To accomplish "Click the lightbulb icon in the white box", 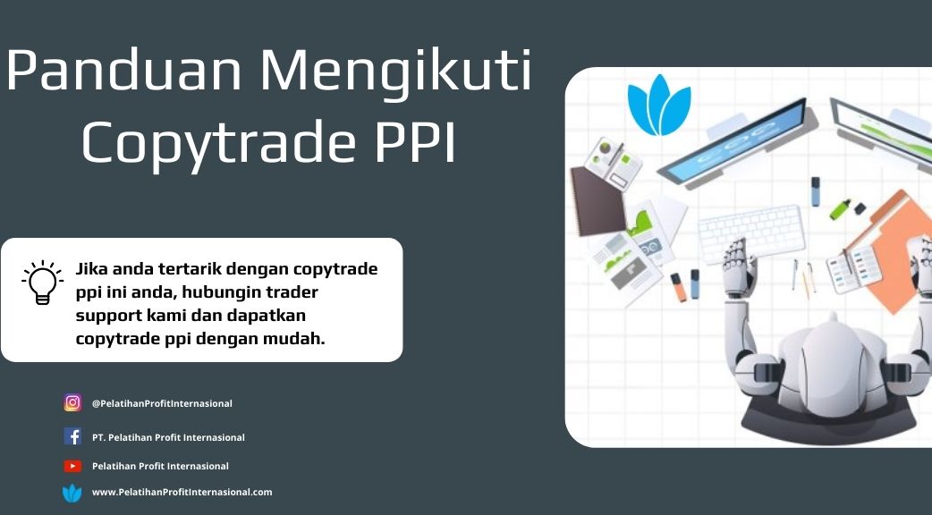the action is point(42,283).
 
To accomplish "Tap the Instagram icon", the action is point(72,402).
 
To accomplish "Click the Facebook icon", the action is point(72,436).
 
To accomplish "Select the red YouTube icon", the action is point(72,467).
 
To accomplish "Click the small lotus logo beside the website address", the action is point(72,493).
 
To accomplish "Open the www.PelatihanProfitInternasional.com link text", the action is point(182,492).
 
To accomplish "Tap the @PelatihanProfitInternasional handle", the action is point(162,403).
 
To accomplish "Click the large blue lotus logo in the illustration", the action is point(659,106).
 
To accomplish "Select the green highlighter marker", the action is point(840,208).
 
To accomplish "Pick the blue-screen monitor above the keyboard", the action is point(734,142).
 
